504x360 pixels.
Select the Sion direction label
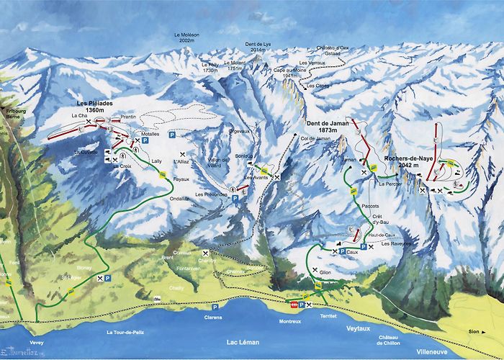474,332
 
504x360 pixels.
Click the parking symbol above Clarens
215,306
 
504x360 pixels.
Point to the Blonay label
82,267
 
